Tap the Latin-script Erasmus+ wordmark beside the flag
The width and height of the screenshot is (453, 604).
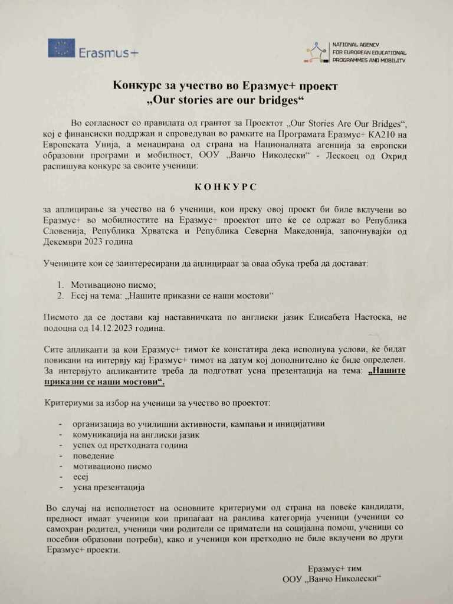pyautogui.click(x=109, y=52)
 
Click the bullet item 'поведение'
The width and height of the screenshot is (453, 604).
pyautogui.click(x=93, y=455)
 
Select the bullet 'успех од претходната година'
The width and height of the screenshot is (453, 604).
pyautogui.click(x=130, y=445)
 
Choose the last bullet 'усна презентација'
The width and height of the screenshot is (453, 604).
pyautogui.click(x=108, y=488)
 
